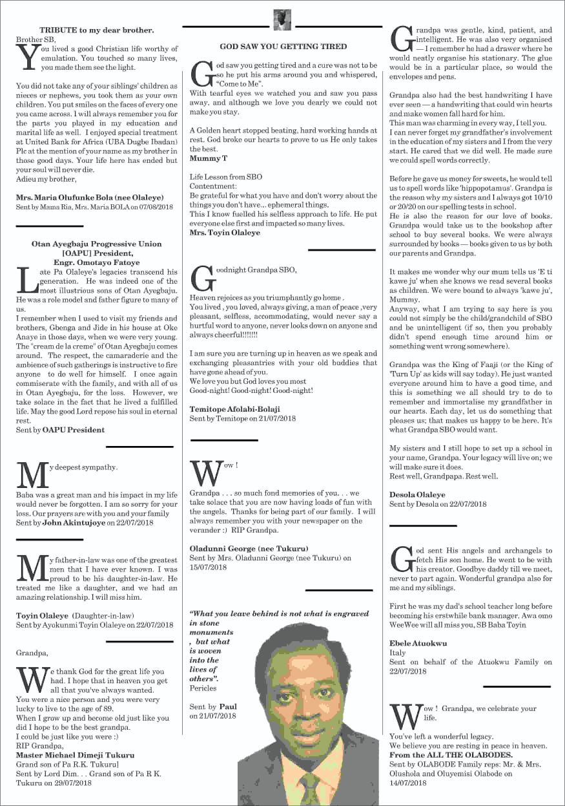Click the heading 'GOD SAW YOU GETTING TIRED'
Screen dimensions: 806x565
pos(283,47)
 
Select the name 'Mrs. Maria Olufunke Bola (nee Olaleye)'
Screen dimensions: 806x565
pos(90,197)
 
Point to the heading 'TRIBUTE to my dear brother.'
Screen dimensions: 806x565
pos(97,30)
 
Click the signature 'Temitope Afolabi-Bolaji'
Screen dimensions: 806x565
pos(235,409)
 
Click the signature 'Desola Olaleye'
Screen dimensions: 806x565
pos(417,494)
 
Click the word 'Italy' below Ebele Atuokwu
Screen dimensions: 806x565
pos(398,653)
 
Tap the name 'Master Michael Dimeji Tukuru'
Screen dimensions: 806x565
pos(76,755)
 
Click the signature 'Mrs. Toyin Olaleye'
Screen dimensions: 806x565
pos(225,233)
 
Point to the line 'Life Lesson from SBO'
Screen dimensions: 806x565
pos(225,176)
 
